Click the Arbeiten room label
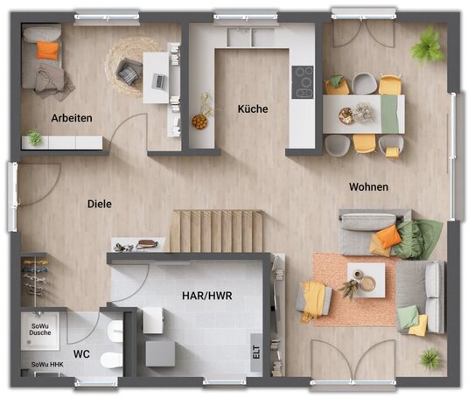coord(72,118)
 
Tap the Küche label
coord(253,108)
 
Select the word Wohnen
coord(368,187)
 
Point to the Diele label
coord(100,204)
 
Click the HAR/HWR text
coord(207,296)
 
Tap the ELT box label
coord(256,352)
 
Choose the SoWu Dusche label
coord(40,330)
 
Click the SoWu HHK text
coord(47,364)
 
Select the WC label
coord(81,354)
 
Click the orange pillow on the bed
coord(47,50)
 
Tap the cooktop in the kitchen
coord(303,82)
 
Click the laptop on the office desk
coord(159,80)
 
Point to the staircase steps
coord(217,231)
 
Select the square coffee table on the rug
coord(366,280)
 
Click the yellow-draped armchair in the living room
coord(313,300)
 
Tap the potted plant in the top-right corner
coord(428,46)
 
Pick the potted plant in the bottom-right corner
coord(430,359)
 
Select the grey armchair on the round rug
coord(129,71)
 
